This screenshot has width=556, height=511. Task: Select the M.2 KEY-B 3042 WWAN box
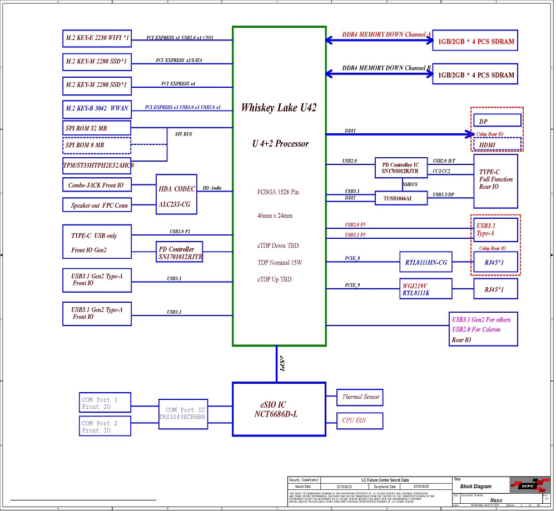pyautogui.click(x=97, y=109)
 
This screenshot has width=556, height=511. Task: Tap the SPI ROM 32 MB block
pyautogui.click(x=97, y=128)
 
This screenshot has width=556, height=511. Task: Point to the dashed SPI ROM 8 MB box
pyautogui.click(x=97, y=146)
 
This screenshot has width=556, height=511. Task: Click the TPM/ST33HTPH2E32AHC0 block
pyautogui.click(x=97, y=165)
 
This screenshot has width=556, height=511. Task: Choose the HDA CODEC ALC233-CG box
pyautogui.click(x=176, y=197)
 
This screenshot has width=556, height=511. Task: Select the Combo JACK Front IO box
pyautogui.click(x=96, y=186)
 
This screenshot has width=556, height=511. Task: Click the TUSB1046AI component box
pyautogui.click(x=397, y=198)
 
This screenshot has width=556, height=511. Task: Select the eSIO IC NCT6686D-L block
pyautogui.click(x=279, y=409)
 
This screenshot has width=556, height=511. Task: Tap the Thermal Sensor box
pyautogui.click(x=360, y=397)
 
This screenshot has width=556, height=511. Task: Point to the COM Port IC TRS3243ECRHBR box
pyautogui.click(x=182, y=414)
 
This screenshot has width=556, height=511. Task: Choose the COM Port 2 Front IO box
pyautogui.click(x=106, y=427)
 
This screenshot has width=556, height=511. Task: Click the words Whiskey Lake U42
pyautogui.click(x=279, y=108)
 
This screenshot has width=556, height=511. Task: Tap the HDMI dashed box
pyautogui.click(x=497, y=144)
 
